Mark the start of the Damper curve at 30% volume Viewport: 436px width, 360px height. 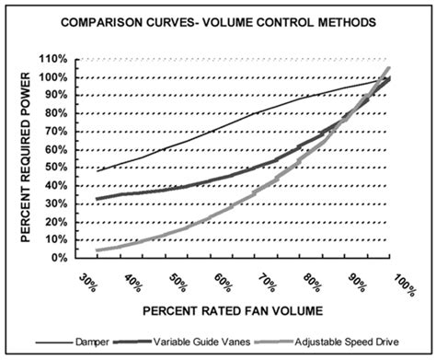click(96, 171)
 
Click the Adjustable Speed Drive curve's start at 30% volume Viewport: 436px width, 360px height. click(96, 250)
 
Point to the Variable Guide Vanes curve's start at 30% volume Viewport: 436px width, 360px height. click(96, 199)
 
